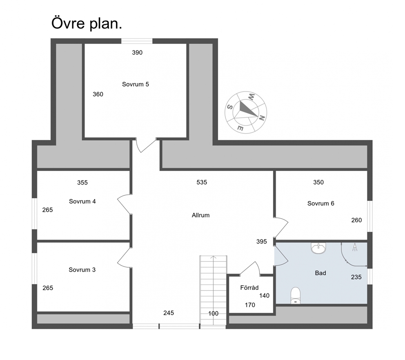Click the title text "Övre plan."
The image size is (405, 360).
tap(87, 24)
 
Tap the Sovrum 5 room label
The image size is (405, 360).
tap(136, 84)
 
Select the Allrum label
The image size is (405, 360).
tap(201, 215)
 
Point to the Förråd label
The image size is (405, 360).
tap(249, 288)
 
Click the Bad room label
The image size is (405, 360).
tap(320, 273)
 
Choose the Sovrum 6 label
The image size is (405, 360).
tap(321, 203)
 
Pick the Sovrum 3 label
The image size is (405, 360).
tap(82, 270)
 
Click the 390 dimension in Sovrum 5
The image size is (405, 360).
tap(137, 53)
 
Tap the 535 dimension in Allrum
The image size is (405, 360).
tap(202, 183)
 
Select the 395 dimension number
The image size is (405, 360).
tap(261, 241)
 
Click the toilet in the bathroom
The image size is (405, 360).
tap(296, 295)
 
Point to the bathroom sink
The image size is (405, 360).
tap(319, 248)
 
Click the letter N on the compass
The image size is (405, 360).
tap(262, 118)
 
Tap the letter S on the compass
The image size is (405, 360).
tap(229, 107)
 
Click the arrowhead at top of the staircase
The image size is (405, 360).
tap(214, 257)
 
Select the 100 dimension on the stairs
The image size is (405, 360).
tap(214, 313)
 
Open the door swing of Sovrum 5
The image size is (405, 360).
tap(146, 146)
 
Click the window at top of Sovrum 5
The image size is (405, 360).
tap(137, 41)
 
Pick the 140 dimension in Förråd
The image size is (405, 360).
tap(264, 296)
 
